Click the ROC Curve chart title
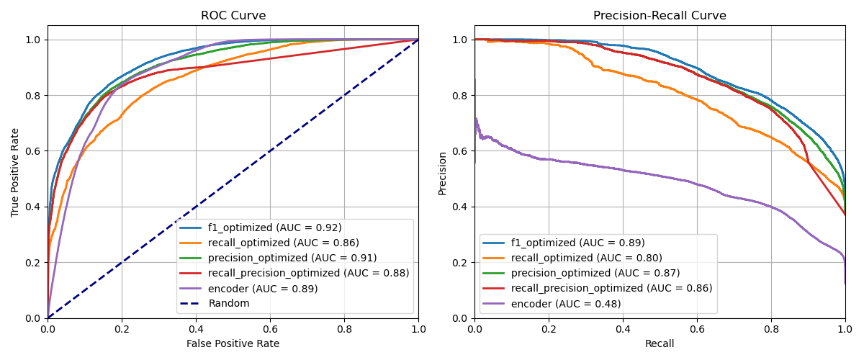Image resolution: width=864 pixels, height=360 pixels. tap(233, 15)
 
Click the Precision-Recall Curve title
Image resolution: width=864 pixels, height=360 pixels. tap(660, 15)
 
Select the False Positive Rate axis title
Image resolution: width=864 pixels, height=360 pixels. tap(233, 343)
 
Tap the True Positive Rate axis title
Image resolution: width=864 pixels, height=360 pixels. tap(14, 173)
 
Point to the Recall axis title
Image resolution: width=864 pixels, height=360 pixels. tap(660, 343)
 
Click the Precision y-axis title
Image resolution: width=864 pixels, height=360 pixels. tap(442, 174)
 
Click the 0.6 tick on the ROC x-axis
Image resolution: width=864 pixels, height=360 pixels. tap(270, 329)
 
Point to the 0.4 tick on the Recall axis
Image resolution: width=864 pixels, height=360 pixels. tap(623, 329)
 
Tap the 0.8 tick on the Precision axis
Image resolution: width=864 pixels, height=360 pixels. tap(459, 96)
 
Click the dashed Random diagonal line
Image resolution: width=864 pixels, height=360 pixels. tap(233, 179)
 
